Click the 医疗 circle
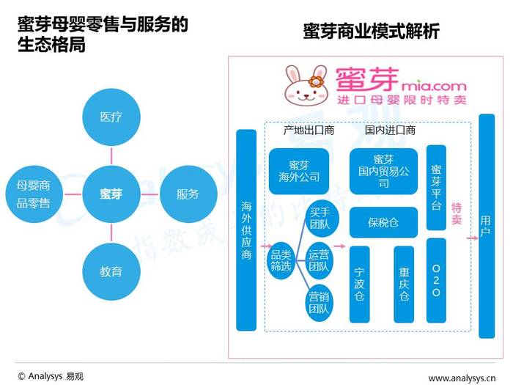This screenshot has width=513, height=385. (x=111, y=117)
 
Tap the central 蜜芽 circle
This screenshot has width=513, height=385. (x=111, y=194)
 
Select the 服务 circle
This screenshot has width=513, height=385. (x=188, y=194)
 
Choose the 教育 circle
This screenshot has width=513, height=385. (x=111, y=271)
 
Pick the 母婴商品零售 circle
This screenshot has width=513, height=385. (x=34, y=194)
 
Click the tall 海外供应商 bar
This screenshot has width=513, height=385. (x=246, y=230)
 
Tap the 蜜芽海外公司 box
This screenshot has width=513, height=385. (x=299, y=171)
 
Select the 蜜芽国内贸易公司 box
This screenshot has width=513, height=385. (x=383, y=171)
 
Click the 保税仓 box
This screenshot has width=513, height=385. (x=383, y=222)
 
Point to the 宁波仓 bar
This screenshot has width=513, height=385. (x=360, y=285)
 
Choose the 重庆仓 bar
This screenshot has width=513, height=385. (x=404, y=285)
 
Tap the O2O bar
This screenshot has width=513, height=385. (x=437, y=280)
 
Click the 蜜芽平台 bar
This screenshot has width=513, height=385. (x=437, y=188)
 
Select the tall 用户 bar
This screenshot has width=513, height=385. (x=487, y=226)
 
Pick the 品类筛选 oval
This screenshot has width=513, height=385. (x=281, y=261)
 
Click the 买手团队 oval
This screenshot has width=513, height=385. (x=320, y=219)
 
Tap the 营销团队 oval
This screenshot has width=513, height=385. (x=319, y=303)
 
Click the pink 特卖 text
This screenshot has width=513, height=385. (x=457, y=214)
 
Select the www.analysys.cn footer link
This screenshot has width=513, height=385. (x=462, y=378)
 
